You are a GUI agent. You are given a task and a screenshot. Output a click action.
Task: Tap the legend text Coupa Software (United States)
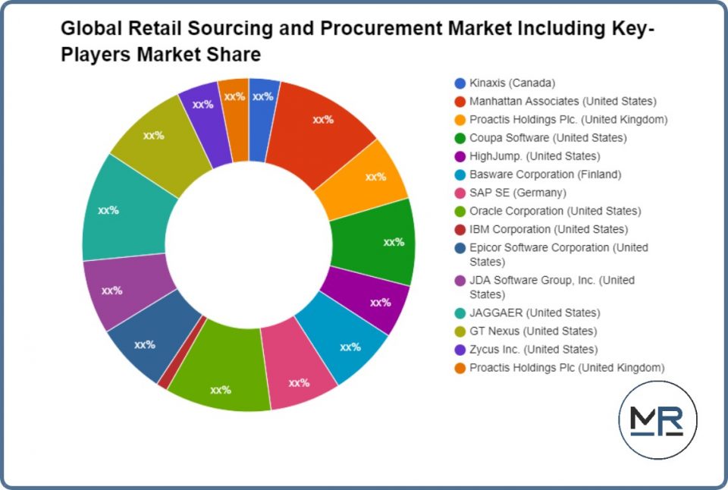[x=548, y=138]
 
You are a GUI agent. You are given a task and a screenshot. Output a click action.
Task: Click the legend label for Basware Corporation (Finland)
[x=545, y=174]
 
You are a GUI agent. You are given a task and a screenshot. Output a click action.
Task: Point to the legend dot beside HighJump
[x=460, y=156]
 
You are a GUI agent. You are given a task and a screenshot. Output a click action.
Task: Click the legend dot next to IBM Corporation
[x=460, y=229]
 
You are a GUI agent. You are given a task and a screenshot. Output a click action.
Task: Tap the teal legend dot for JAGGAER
[x=460, y=313]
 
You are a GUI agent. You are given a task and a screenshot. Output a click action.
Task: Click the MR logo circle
[x=657, y=420]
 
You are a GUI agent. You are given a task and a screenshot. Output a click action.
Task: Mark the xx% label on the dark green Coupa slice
[x=394, y=242]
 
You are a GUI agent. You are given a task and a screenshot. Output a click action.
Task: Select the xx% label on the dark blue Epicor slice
[x=145, y=344]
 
